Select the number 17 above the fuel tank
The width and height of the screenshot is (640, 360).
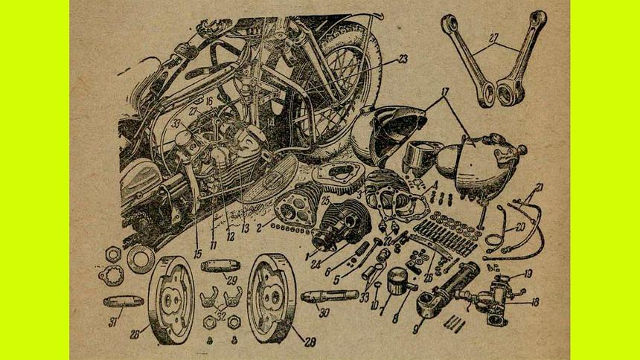tap(444, 95)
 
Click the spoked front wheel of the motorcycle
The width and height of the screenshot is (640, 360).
tap(335, 82)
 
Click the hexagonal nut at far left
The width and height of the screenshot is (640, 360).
tap(112, 254)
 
